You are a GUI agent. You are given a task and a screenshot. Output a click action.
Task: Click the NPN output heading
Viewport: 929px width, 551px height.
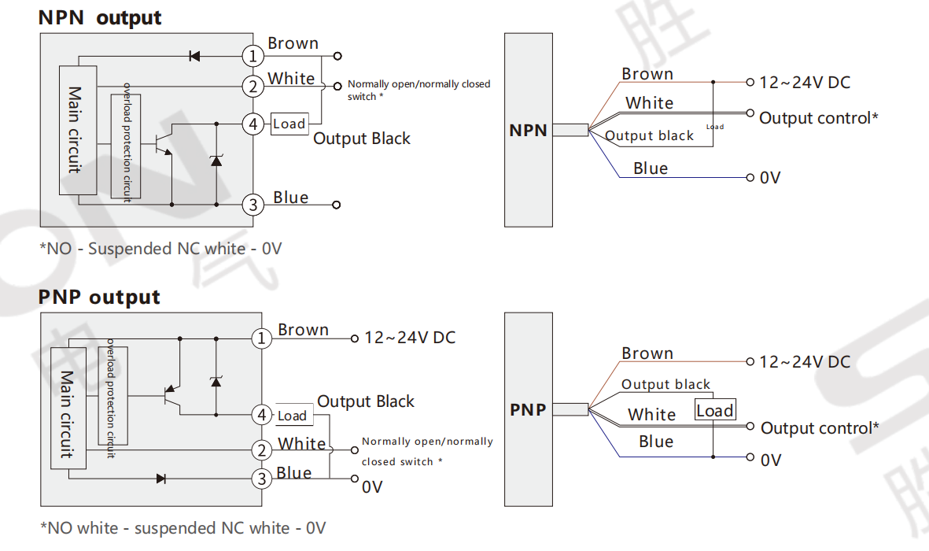[100, 18]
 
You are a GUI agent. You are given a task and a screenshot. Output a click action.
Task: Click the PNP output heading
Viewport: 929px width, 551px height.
[99, 298]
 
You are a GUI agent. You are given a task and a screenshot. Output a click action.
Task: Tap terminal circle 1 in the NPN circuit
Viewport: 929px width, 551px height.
[253, 57]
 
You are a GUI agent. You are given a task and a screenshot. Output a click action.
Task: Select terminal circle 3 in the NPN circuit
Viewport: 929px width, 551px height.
[253, 205]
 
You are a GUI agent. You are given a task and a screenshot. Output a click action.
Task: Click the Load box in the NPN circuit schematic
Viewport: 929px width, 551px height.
[289, 124]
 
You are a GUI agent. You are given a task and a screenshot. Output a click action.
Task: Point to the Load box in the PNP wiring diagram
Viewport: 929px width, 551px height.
[715, 411]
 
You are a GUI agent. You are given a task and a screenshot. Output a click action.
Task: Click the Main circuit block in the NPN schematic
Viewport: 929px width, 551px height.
[77, 130]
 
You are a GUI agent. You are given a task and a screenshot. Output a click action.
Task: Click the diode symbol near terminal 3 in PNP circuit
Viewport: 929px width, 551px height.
[161, 478]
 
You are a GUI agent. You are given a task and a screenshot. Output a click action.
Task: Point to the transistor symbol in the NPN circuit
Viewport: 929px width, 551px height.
[164, 144]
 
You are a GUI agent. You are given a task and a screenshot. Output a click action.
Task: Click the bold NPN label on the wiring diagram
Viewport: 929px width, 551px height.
[528, 131]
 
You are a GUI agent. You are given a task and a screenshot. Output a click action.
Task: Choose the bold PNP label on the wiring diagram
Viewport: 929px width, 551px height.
[528, 409]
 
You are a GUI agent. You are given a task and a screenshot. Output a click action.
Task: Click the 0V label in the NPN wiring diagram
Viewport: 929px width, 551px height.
[770, 178]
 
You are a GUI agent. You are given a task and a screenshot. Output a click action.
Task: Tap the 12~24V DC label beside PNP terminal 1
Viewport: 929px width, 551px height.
[409, 338]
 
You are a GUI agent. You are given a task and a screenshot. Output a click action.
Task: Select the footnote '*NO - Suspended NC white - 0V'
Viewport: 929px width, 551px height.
[160, 249]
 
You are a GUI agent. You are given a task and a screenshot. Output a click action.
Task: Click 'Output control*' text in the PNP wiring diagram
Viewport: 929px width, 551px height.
[820, 428]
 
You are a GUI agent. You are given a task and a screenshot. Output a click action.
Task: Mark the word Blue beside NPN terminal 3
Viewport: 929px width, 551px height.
[291, 198]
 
